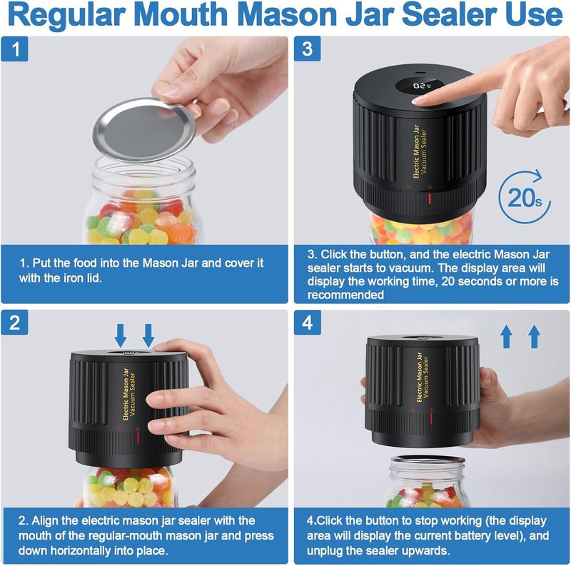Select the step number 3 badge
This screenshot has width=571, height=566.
tap(307, 49)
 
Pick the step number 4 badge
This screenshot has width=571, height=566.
tap(307, 323)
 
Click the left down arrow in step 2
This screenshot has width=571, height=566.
tap(121, 334)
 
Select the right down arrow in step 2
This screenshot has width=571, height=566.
tap(148, 334)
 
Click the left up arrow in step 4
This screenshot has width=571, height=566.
tap(506, 335)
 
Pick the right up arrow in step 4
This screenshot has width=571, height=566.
tap(534, 335)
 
